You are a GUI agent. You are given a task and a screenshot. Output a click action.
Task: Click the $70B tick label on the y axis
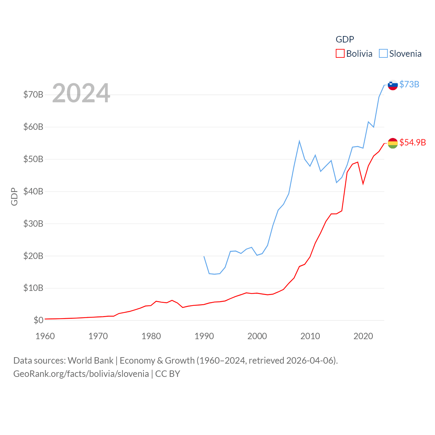pyautogui.click(x=33, y=94)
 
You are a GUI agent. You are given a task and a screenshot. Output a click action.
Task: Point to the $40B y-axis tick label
pyautogui.click(x=33, y=191)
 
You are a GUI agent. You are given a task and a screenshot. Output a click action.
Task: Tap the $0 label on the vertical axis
pyautogui.click(x=38, y=320)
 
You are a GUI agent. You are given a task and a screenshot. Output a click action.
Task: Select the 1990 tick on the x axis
pyautogui.click(x=204, y=336)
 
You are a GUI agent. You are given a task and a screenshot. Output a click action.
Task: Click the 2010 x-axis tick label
pyautogui.click(x=310, y=336)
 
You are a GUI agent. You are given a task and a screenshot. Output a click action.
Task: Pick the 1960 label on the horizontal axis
pyautogui.click(x=45, y=336)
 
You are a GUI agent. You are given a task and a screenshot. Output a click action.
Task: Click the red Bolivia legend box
pyautogui.click(x=340, y=54)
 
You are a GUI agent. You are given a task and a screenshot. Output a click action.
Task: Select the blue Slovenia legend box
pyautogui.click(x=383, y=54)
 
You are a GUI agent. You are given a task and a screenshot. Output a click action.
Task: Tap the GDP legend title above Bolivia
pyautogui.click(x=345, y=39)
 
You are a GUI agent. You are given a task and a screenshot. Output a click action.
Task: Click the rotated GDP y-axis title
pyautogui.click(x=14, y=196)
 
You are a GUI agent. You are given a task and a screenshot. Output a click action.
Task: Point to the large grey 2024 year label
pyautogui.click(x=81, y=93)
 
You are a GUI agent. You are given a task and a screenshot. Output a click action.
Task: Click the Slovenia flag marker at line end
pyautogui.click(x=393, y=85)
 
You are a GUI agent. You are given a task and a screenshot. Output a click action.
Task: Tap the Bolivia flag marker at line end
pyautogui.click(x=393, y=143)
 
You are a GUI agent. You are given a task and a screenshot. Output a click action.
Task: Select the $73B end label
pyautogui.click(x=409, y=84)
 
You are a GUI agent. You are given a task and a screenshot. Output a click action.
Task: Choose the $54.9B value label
pyautogui.click(x=413, y=142)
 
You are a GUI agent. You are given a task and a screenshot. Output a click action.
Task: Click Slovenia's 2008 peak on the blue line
pyautogui.click(x=299, y=141)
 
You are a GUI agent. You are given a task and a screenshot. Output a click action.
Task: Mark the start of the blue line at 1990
pyautogui.click(x=204, y=256)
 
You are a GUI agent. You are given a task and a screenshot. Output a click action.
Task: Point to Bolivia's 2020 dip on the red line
pyautogui.click(x=363, y=184)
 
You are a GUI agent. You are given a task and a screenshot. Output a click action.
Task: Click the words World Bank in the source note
pyautogui.click(x=90, y=361)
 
